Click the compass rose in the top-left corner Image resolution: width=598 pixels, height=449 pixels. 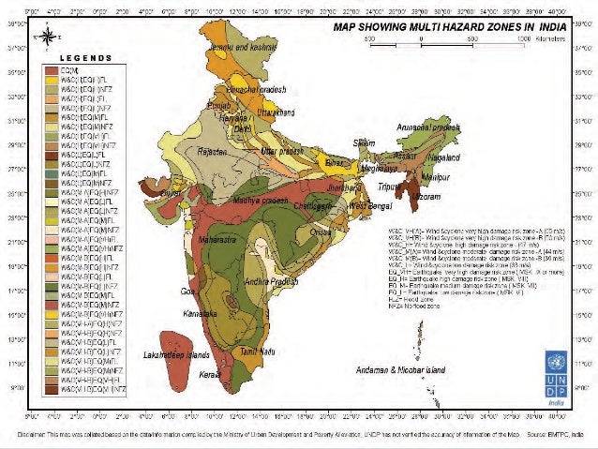(44, 37)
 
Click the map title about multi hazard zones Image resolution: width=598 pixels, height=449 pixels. (451, 28)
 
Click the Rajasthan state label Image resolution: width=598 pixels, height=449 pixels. (214, 154)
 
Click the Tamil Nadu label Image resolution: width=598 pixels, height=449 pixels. (254, 352)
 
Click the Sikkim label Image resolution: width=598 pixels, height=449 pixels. (364, 143)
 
